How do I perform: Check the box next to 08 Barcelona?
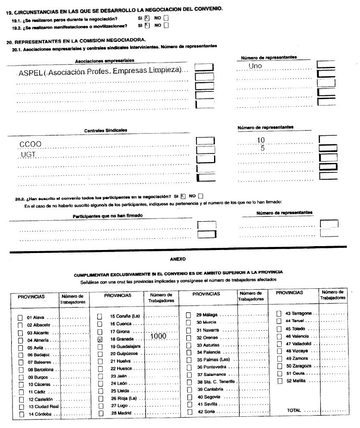(20, 370)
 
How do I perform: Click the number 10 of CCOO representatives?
(261, 140)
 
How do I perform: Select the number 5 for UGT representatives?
(262, 149)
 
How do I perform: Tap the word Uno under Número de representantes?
(255, 66)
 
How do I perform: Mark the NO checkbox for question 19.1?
(166, 18)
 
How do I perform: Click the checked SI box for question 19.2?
(147, 25)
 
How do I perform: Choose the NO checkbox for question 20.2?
(201, 196)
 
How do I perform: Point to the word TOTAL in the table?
(294, 410)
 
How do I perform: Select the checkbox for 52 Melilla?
(279, 381)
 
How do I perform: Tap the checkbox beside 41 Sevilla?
(189, 404)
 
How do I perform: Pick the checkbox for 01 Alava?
(20, 318)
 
